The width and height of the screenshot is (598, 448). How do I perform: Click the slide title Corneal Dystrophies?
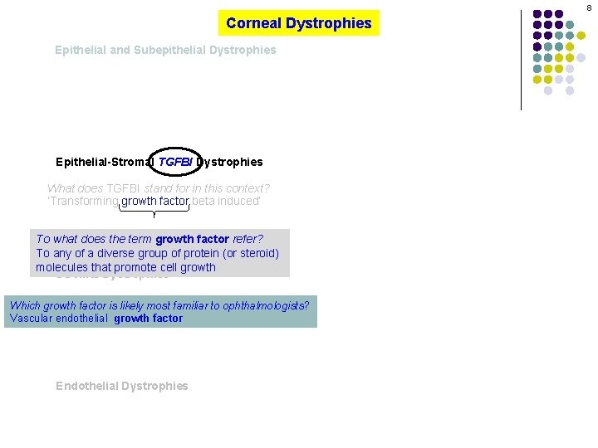coord(298,23)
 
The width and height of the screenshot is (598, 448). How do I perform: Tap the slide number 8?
coord(589,7)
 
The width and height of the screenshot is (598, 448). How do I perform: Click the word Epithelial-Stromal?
coord(105,162)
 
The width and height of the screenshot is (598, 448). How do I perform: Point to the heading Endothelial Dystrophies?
coord(122,386)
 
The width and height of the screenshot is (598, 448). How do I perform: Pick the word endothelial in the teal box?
coord(81,318)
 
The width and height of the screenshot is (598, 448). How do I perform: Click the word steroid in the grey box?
coord(257,253)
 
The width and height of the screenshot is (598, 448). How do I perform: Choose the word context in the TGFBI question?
coord(248,188)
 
